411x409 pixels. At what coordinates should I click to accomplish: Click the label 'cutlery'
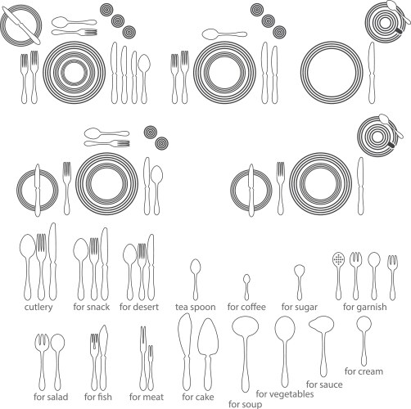(x=38, y=307)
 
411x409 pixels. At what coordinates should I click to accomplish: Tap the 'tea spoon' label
(x=195, y=307)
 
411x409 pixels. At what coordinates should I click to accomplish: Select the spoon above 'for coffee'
(x=246, y=285)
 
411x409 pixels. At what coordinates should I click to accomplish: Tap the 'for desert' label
(x=138, y=307)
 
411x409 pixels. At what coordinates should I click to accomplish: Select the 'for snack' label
(x=91, y=307)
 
